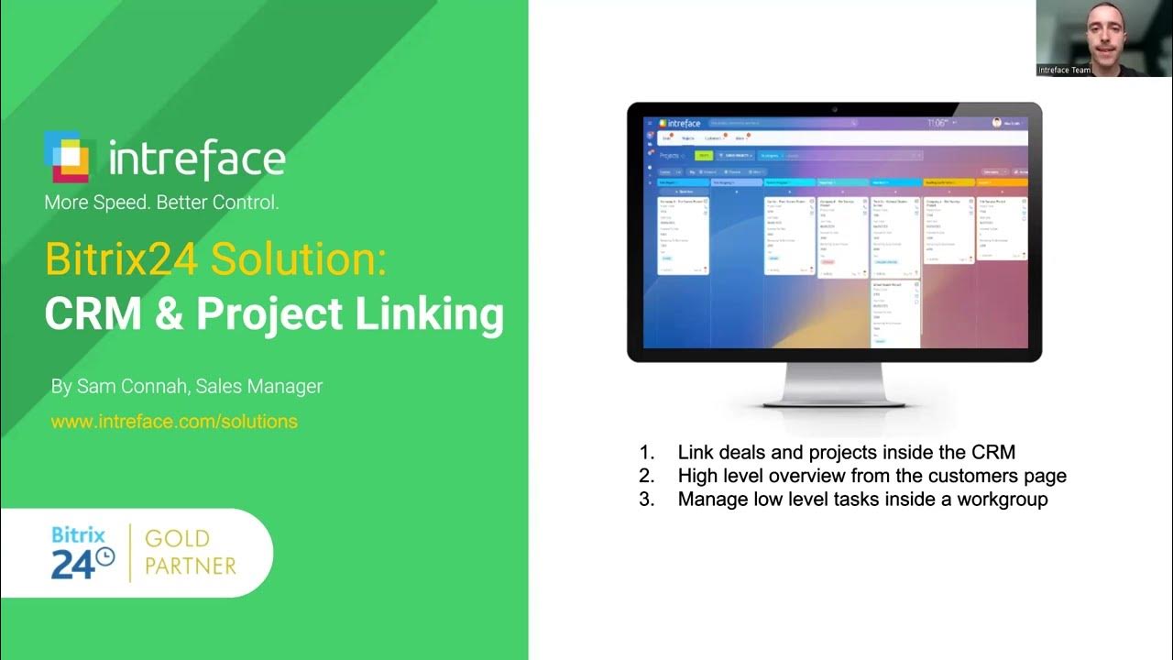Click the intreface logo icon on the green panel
click(x=69, y=157)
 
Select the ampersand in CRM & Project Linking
click(x=169, y=313)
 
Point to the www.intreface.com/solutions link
click(x=174, y=422)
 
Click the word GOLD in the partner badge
click(x=177, y=539)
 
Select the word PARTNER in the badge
click(x=191, y=566)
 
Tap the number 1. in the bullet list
click(x=647, y=452)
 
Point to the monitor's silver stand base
click(x=834, y=400)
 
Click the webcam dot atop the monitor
click(x=834, y=109)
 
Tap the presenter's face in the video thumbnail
click(x=1102, y=27)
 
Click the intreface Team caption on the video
click(x=1065, y=70)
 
